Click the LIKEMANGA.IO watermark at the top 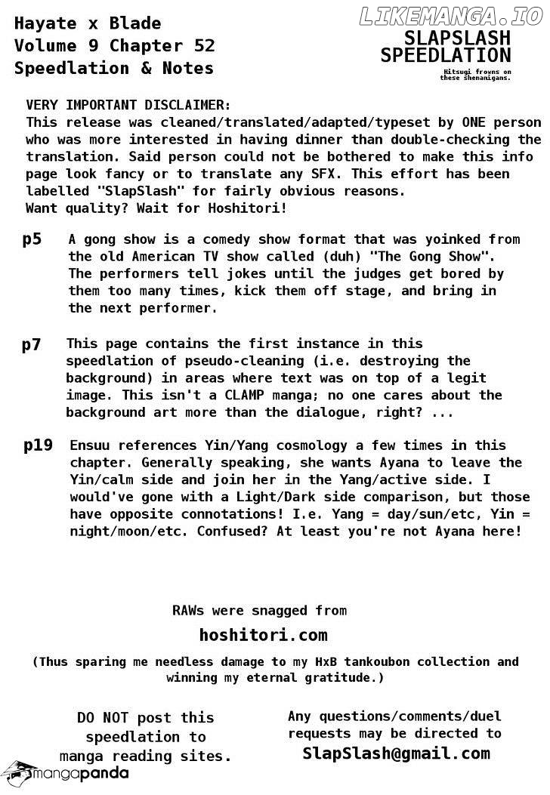point(452,16)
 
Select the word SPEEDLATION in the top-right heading point(446,56)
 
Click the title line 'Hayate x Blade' point(88,23)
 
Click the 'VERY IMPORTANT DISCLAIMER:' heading point(128,105)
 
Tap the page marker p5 point(32,240)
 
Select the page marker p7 point(32,345)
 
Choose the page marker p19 point(38,445)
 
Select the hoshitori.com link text point(263,635)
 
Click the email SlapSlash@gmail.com point(396,753)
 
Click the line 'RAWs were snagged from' point(259,610)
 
